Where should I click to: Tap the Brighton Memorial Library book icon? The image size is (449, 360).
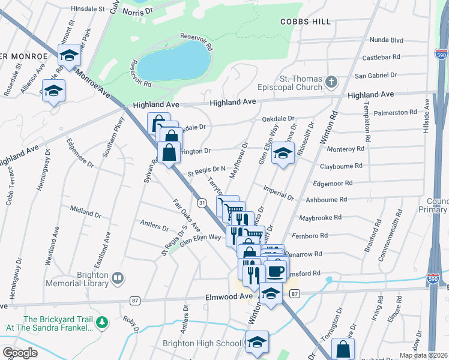coord(118,278)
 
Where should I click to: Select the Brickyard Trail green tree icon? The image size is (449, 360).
coord(102,323)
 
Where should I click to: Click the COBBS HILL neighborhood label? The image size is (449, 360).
coord(305,22)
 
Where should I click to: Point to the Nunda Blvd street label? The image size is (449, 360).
coord(387,40)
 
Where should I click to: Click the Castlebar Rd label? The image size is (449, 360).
coord(381,58)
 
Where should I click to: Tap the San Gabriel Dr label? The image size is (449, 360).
coord(376,76)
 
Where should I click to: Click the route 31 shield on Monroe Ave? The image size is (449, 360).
coord(203,203)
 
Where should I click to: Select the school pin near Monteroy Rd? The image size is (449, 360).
coord(283,152)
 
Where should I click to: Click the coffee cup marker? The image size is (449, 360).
coord(276,271)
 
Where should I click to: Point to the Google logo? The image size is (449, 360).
coord(20,353)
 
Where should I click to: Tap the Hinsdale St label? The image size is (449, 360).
coord(88,10)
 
